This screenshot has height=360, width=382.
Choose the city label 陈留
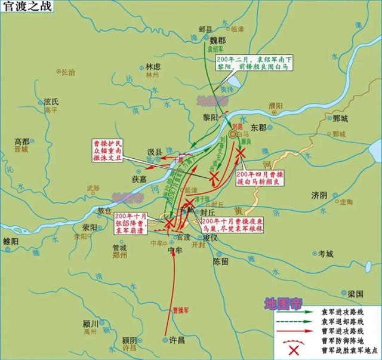221,261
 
